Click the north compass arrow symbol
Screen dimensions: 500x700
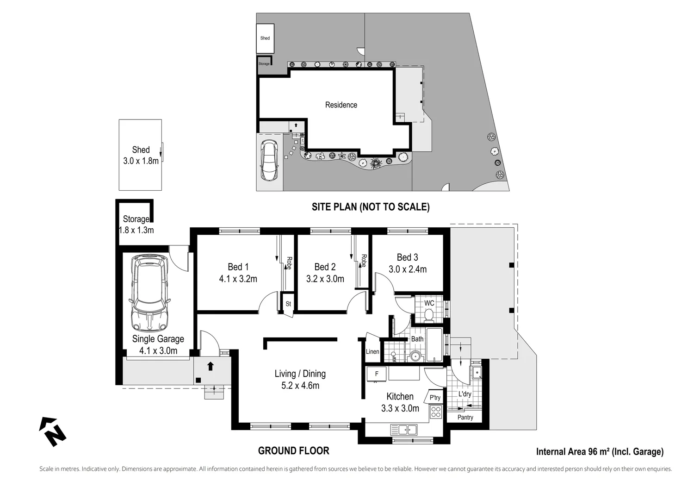[52, 431]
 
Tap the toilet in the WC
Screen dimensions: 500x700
[428, 316]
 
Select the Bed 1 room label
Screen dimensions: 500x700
[238, 267]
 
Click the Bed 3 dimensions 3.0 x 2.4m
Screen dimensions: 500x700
[407, 269]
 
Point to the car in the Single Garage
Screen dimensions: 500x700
[149, 293]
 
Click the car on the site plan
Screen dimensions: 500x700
[269, 160]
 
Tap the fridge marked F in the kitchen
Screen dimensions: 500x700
[377, 374]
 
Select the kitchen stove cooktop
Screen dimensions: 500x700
[436, 412]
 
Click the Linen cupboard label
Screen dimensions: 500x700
[372, 352]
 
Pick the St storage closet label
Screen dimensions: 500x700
[288, 304]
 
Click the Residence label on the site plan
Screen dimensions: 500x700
[341, 105]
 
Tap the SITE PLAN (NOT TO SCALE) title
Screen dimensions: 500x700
[370, 207]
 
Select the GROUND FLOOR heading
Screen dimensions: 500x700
[293, 451]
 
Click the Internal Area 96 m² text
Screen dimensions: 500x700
[600, 452]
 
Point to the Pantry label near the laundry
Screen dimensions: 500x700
[465, 418]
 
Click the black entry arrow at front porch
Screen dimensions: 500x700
[211, 366]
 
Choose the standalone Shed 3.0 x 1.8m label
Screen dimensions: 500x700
[141, 156]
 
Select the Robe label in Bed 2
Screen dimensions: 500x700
[364, 261]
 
